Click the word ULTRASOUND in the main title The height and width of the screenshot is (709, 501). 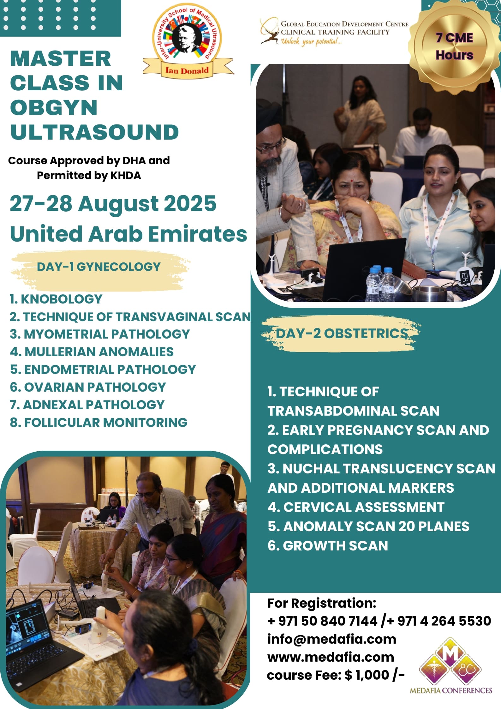click(x=94, y=132)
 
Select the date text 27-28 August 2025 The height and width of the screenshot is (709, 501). click(x=113, y=203)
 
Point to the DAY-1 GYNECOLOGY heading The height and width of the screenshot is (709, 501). click(x=99, y=267)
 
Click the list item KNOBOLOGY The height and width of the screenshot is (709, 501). click(x=56, y=299)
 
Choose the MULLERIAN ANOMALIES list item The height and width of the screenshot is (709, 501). click(x=92, y=352)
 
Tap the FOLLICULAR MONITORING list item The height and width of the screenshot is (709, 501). click(x=98, y=423)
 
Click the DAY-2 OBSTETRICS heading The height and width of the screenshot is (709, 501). click(x=342, y=333)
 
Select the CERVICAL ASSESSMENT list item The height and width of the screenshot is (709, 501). click(x=356, y=507)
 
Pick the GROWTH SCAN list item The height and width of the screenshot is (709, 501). click(x=328, y=546)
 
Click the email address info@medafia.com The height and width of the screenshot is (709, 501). click(x=331, y=639)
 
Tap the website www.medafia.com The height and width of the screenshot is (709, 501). click(x=331, y=657)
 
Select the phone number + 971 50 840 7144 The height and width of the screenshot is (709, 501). click(x=322, y=621)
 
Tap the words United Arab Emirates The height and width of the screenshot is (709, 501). click(x=128, y=234)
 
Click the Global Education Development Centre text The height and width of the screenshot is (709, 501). click(x=344, y=24)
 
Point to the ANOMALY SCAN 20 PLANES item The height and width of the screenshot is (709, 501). click(x=368, y=526)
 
